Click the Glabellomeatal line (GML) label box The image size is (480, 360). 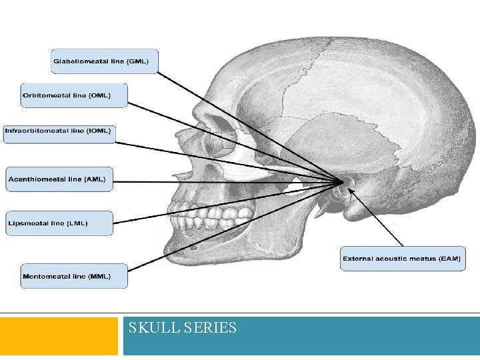click(105, 61)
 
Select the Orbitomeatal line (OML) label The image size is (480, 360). click(74, 95)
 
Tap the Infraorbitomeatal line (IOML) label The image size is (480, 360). click(59, 131)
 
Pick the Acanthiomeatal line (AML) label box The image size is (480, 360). click(59, 179)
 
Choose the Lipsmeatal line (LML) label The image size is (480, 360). click(59, 223)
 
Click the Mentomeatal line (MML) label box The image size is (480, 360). click(74, 276)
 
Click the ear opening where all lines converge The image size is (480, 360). click(343, 182)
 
